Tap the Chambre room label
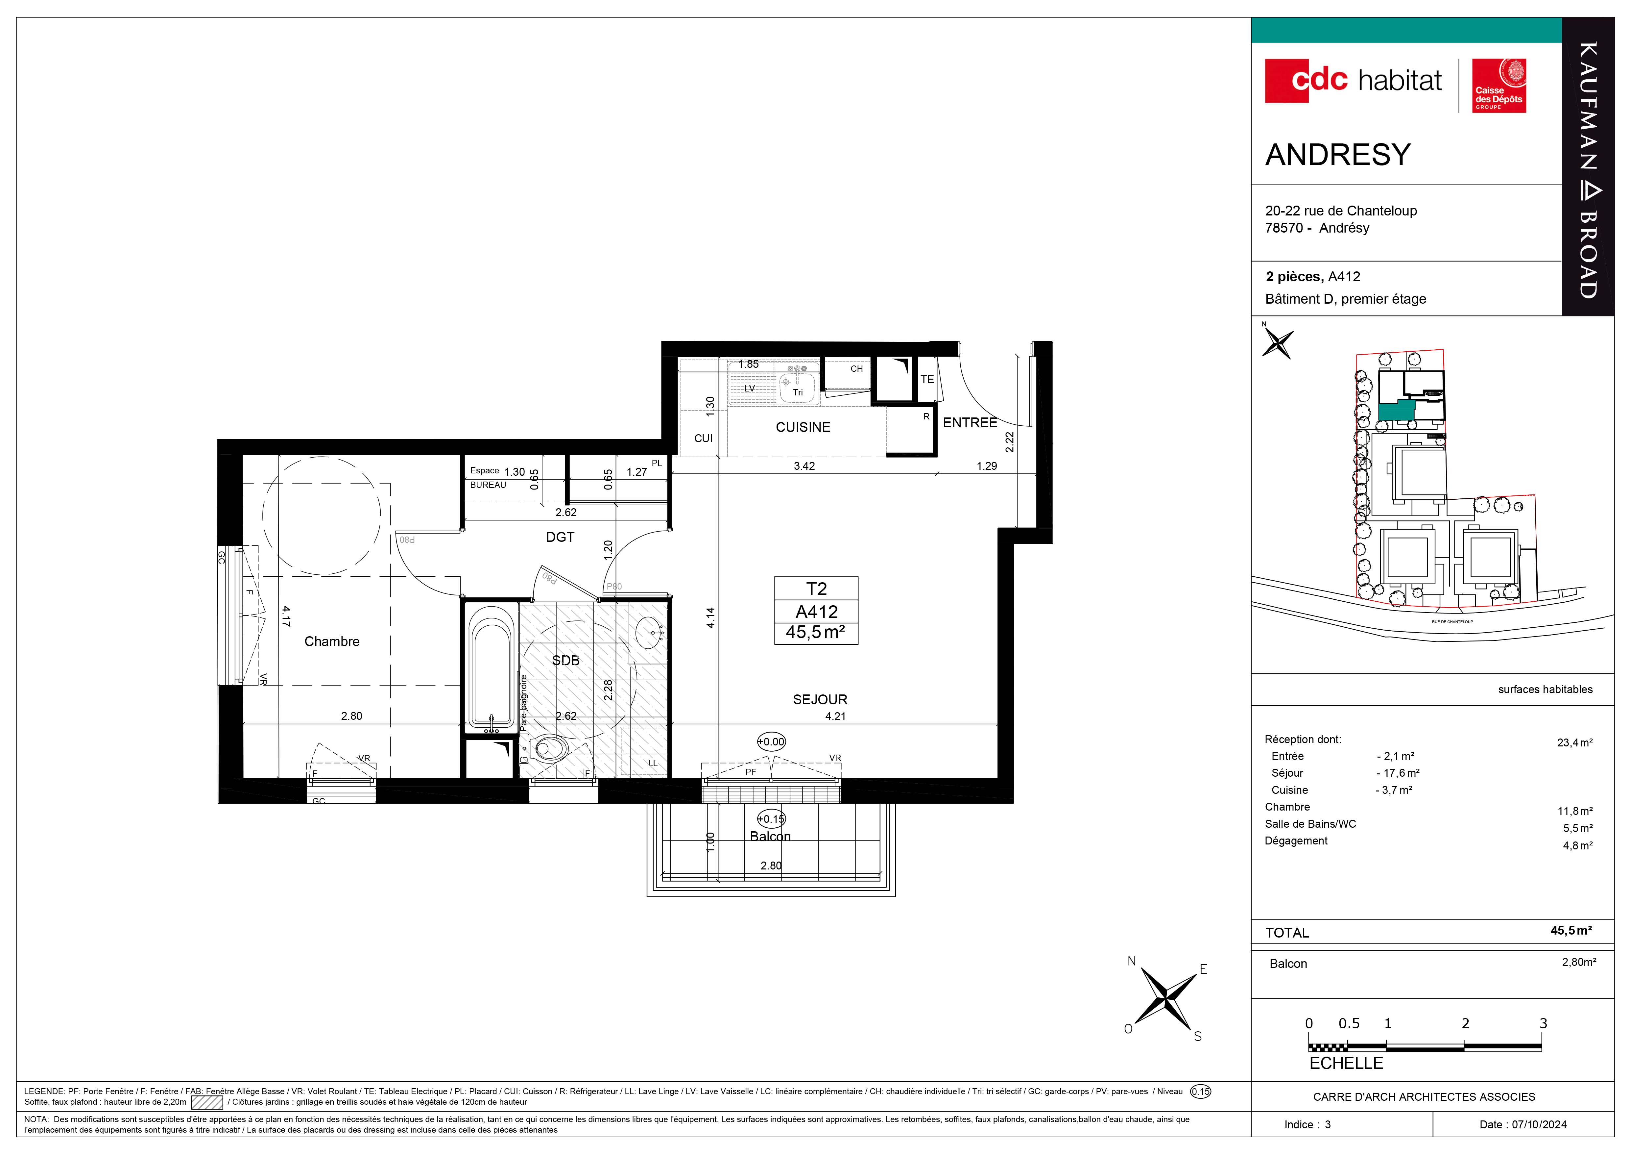332,642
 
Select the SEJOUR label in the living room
820,699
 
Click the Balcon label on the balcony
770,836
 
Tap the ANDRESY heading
1338,155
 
